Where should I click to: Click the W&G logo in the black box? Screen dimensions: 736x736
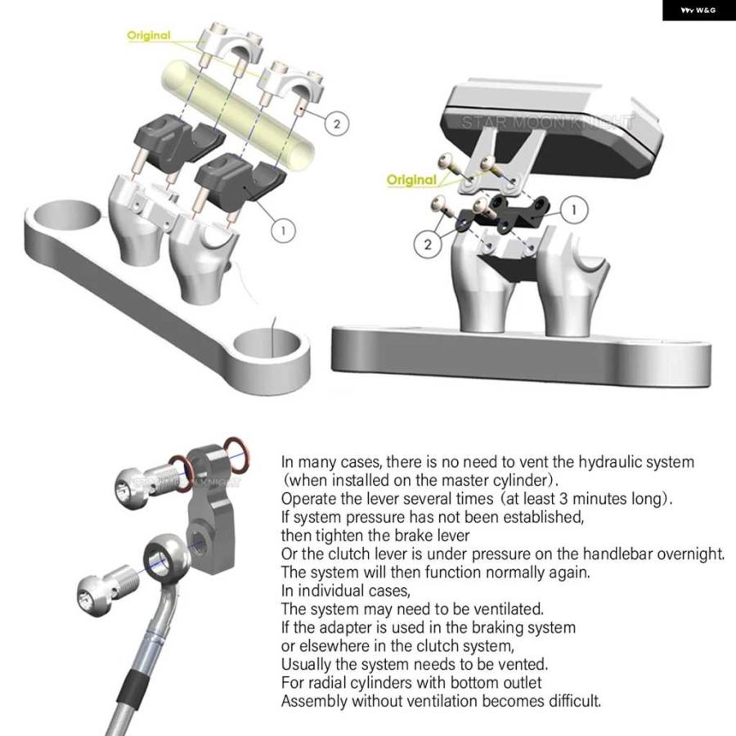(x=698, y=10)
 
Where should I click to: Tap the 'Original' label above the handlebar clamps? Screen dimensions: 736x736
(x=149, y=35)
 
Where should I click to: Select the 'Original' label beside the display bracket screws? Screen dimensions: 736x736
(x=411, y=180)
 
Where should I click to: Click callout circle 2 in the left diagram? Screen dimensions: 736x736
(x=337, y=124)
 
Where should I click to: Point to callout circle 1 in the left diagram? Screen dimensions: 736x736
(x=283, y=231)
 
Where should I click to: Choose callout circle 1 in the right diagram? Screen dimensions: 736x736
(x=573, y=210)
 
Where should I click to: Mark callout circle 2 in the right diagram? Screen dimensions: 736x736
(x=427, y=244)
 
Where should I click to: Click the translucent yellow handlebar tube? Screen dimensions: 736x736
(x=237, y=115)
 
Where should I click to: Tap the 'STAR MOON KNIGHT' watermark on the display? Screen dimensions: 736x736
(x=547, y=122)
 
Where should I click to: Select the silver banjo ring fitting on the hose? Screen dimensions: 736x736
(x=167, y=558)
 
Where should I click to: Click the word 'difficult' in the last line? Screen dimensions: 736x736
(x=574, y=701)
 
